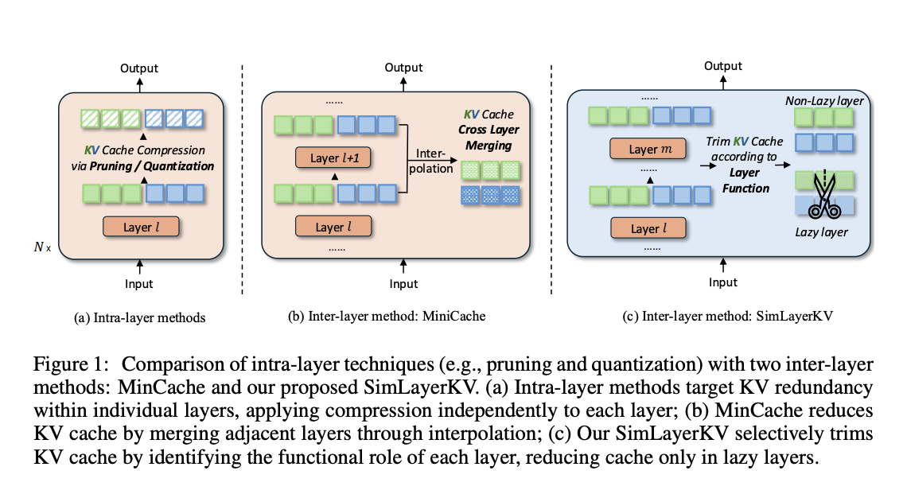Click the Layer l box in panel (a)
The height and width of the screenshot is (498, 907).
[x=140, y=228]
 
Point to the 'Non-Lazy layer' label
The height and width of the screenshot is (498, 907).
[x=824, y=101]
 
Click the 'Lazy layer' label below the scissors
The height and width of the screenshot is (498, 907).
[x=823, y=232]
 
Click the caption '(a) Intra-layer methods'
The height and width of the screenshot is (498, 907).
[x=139, y=317]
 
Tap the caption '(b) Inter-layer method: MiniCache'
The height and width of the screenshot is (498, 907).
[x=387, y=316]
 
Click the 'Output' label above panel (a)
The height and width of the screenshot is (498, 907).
[x=139, y=69]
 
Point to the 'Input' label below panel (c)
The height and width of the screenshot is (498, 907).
[x=723, y=282]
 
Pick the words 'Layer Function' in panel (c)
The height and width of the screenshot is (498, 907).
[x=745, y=181]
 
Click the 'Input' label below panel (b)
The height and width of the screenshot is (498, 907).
[x=403, y=284]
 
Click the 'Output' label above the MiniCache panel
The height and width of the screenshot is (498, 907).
[x=403, y=68]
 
